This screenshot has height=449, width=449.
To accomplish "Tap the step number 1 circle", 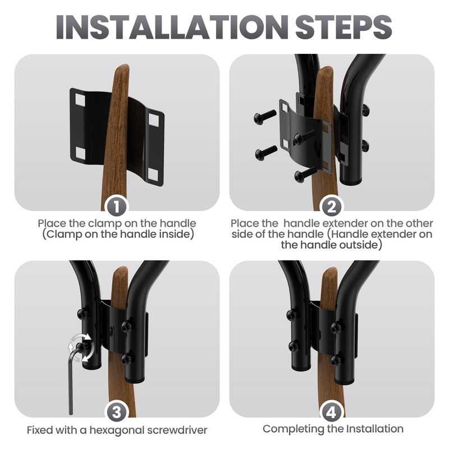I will (117, 206).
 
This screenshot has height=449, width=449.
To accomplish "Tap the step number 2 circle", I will (332, 206).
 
